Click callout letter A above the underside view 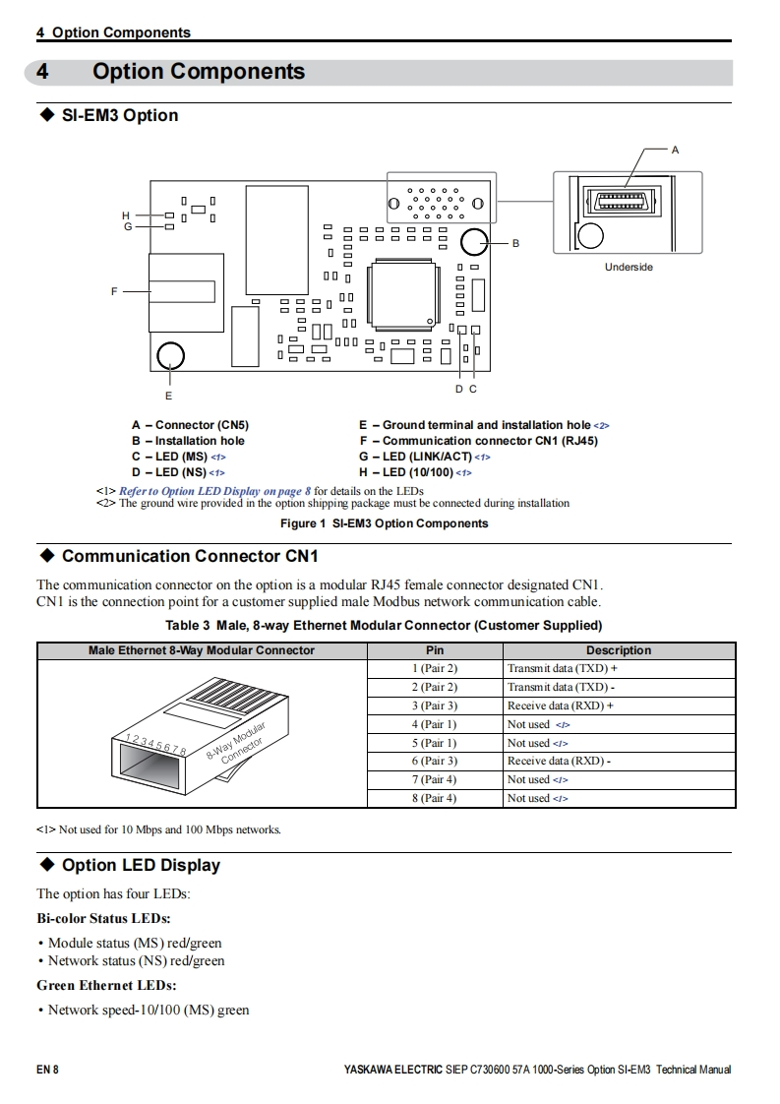[x=675, y=150]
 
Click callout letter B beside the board [x=515, y=242]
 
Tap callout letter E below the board [x=169, y=395]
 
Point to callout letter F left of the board [x=114, y=291]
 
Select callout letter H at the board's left [x=126, y=215]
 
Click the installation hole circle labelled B [x=474, y=242]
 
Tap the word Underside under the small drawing [x=629, y=267]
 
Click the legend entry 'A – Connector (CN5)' [x=190, y=425]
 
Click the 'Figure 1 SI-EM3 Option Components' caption [x=384, y=523]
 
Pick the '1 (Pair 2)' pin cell [x=434, y=668]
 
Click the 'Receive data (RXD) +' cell [x=561, y=705]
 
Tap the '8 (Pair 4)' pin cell [x=434, y=798]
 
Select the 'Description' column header [x=619, y=650]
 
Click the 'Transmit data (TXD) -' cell [x=561, y=687]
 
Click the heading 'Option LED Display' [x=141, y=865]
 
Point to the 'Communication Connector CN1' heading [x=190, y=556]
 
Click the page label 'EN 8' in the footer [x=47, y=1070]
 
